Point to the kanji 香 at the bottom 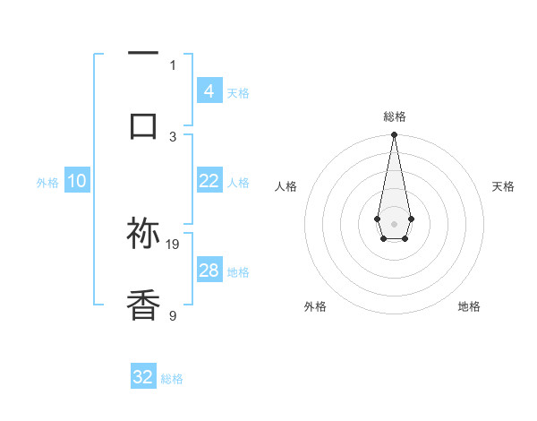(143, 305)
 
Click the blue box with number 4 (209, 90)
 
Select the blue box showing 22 (209, 181)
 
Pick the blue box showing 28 (209, 271)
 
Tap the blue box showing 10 (77, 181)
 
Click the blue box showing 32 (143, 377)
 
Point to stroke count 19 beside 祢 (174, 244)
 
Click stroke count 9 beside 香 (174, 315)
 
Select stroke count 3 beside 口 (174, 136)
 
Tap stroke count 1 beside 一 (174, 64)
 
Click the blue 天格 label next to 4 (238, 92)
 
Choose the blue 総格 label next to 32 (172, 379)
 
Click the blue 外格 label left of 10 (47, 183)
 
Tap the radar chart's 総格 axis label (394, 116)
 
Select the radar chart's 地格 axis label (469, 306)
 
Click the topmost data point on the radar (394, 134)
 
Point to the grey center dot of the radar (394, 222)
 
